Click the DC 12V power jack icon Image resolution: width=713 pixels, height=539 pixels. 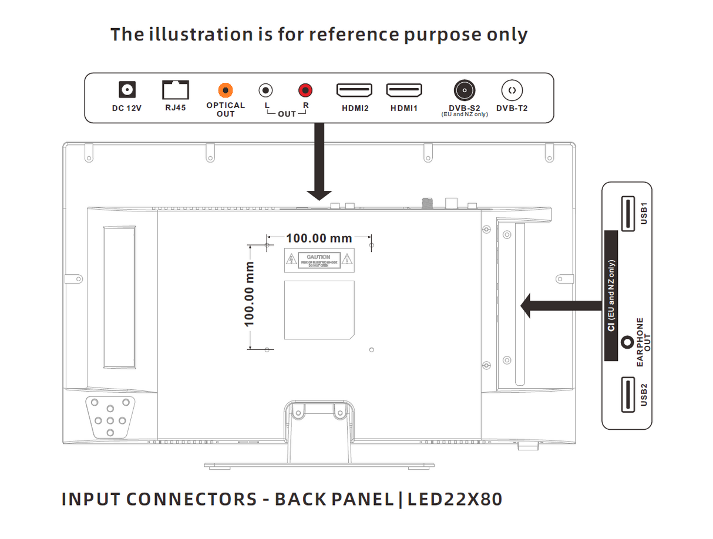(127, 90)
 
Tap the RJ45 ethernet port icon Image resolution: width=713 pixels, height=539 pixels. (175, 90)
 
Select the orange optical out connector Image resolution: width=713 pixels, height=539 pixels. (225, 90)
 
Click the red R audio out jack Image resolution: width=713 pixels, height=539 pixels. (305, 90)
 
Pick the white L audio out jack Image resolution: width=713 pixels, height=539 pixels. (266, 90)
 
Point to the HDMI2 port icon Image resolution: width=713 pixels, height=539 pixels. (354, 90)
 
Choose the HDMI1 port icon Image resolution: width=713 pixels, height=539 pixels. (403, 90)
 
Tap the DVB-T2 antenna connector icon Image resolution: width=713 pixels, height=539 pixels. (512, 90)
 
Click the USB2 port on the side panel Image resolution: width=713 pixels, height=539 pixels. (626, 395)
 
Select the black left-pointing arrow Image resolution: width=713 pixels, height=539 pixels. (558, 305)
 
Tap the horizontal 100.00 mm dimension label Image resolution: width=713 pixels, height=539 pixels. (319, 238)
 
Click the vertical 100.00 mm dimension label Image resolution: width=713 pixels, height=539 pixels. (250, 294)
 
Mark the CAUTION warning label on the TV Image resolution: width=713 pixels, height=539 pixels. (319, 260)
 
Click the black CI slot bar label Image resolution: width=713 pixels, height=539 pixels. (611, 295)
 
